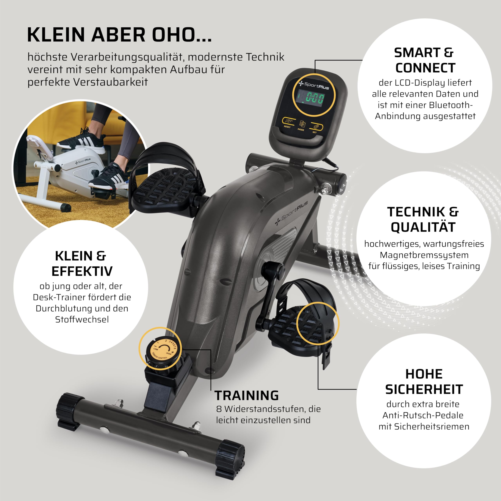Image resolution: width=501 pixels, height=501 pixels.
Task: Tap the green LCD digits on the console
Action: (x=313, y=99)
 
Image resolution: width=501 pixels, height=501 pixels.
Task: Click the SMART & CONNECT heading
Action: (x=424, y=60)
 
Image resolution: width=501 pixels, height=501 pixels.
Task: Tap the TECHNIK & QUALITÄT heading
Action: (x=423, y=219)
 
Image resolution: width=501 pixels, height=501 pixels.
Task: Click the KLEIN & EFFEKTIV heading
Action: (x=82, y=263)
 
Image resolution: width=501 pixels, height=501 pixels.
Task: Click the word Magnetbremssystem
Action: (x=424, y=255)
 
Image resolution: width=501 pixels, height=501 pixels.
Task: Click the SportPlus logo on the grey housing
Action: (x=291, y=213)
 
